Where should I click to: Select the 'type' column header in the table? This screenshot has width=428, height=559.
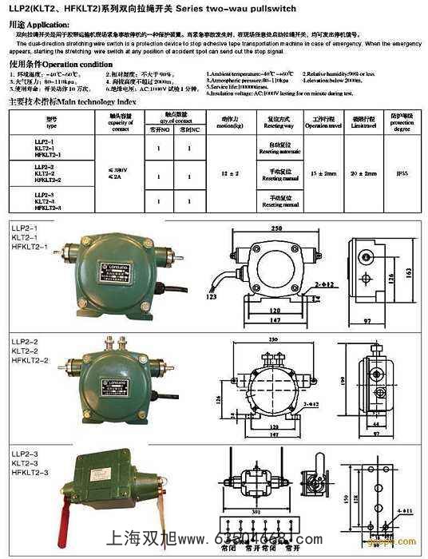pos(52,123)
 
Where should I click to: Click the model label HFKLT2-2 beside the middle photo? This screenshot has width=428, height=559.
pos(30,360)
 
